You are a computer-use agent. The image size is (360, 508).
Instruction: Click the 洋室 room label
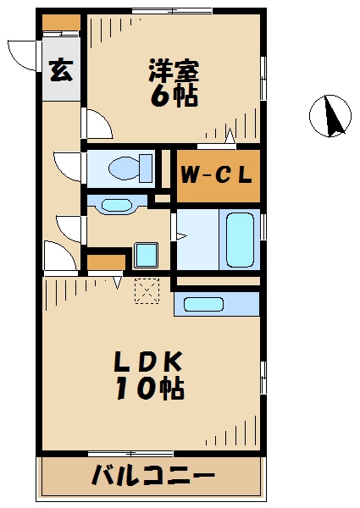174,70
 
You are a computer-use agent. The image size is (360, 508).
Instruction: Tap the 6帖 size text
174,97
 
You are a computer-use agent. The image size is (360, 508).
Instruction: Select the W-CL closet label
217,175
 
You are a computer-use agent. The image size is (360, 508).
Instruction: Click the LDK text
147,362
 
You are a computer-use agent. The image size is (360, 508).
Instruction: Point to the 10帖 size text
150,388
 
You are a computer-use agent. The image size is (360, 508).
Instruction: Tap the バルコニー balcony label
153,477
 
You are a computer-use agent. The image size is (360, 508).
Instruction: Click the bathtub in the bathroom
240,240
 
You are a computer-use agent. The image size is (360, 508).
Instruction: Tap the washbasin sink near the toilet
117,205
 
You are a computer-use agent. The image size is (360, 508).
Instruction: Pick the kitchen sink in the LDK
203,305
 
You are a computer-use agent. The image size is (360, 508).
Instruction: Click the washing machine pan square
147,256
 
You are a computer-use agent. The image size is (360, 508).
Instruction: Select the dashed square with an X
147,291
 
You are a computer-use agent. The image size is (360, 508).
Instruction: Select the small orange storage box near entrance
61,22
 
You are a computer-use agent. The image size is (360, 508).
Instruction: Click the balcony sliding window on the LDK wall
131,453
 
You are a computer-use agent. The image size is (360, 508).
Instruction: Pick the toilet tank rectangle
146,168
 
